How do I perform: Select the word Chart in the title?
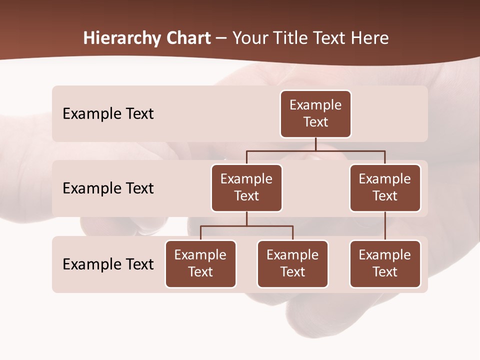186,38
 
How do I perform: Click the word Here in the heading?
370,38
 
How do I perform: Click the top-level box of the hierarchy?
315,113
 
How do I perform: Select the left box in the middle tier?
246,187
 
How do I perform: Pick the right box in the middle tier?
385,187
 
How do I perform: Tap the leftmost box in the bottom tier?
200,263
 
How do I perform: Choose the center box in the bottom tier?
292,263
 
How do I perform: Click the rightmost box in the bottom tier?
385,263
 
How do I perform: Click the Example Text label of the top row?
108,113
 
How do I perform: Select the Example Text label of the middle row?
108,188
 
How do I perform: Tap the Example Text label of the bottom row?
108,264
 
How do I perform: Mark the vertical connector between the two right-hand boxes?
385,226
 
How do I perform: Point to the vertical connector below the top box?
315,144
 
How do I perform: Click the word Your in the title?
249,38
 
